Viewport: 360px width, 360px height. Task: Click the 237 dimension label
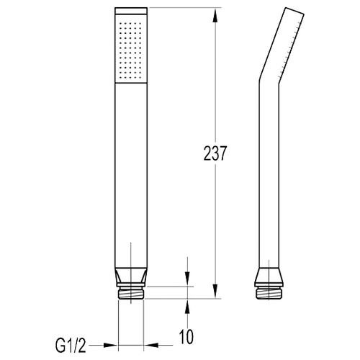[x=215, y=153]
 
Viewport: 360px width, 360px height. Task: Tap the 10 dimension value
[x=186, y=337]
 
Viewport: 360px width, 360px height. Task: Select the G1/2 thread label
[x=71, y=345]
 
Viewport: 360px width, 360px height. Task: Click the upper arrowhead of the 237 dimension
[x=215, y=15]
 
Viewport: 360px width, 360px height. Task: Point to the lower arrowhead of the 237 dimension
[x=215, y=292]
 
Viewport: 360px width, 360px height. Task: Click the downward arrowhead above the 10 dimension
[x=187, y=279]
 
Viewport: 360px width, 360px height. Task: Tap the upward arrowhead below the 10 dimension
[x=187, y=306]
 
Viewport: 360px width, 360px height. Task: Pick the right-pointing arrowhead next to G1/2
[x=111, y=346]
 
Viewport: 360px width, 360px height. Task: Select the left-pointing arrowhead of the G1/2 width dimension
[x=151, y=346]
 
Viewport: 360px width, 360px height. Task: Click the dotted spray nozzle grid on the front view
[x=130, y=50]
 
